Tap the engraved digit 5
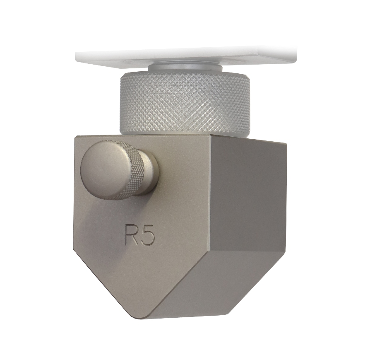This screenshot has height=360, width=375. pyautogui.click(x=148, y=235)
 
